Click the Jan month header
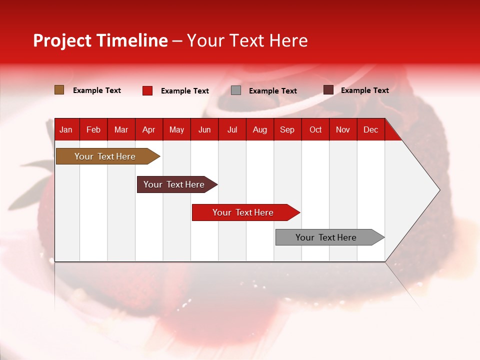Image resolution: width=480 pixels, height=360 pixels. (66, 129)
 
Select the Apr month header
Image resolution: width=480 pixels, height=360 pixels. (148, 129)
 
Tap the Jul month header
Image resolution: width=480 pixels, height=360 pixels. (232, 129)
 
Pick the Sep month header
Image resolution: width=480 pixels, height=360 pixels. (287, 129)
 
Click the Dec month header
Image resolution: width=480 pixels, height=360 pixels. (370, 129)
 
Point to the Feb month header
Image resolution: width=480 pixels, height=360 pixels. (93, 129)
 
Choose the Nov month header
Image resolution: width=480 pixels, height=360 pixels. (342, 129)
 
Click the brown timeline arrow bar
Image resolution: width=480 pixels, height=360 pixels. (105, 156)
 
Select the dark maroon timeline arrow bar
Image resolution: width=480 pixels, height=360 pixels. (174, 184)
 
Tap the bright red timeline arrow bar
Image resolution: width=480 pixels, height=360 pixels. (243, 212)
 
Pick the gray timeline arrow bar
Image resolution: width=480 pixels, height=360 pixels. (326, 237)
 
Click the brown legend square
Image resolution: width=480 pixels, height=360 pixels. (59, 90)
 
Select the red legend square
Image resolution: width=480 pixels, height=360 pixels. (147, 90)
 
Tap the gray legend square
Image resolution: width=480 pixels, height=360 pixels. (236, 90)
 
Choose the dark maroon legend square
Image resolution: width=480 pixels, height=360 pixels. (328, 90)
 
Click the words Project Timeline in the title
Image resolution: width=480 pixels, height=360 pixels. (100, 40)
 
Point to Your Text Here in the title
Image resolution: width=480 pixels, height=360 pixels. (247, 40)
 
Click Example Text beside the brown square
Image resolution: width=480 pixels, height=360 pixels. (97, 90)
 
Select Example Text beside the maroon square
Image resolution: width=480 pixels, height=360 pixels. (364, 90)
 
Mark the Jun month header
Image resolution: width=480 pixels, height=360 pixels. (204, 129)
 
